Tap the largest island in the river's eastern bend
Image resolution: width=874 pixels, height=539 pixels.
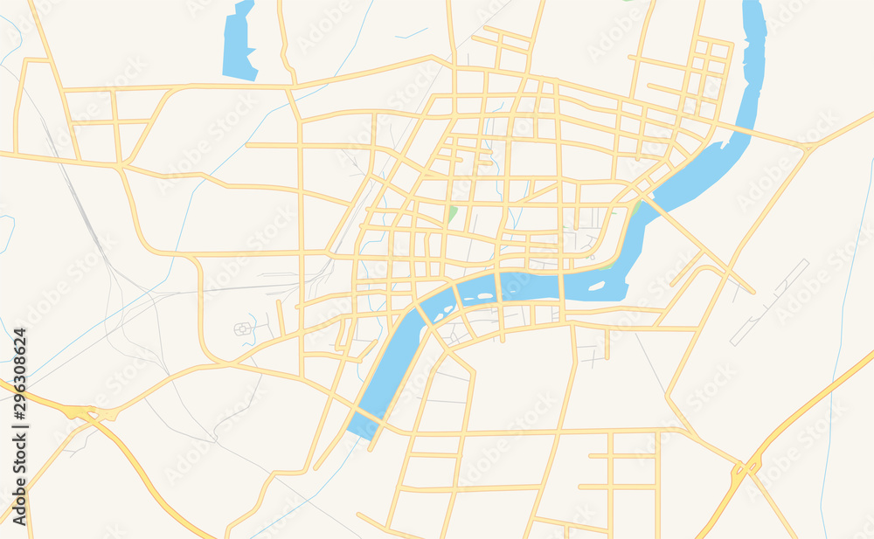(597, 285)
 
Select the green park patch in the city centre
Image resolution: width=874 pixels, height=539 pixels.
(452, 213)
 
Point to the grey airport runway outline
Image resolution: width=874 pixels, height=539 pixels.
(769, 302)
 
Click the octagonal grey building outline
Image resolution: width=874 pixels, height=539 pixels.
(241, 328)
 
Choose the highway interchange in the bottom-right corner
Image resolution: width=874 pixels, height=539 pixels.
(745, 469)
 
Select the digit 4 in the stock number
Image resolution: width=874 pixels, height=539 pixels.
(19, 333)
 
